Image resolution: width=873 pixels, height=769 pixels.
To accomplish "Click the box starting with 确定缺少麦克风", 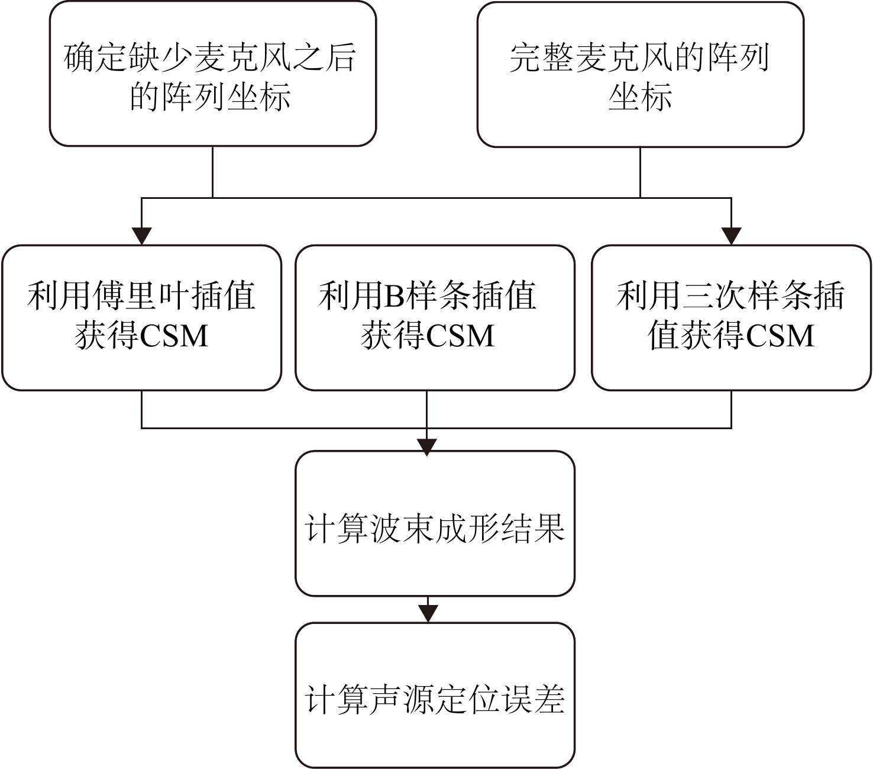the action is pyautogui.click(x=213, y=74).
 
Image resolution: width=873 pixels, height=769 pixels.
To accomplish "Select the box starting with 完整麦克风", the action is pyautogui.click(x=641, y=75).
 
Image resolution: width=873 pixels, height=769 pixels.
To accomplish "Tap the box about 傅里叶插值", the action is pyautogui.click(x=142, y=318).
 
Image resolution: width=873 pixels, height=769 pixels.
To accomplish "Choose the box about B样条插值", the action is pyautogui.click(x=435, y=318).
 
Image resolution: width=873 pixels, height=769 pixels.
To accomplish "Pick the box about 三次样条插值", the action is pyautogui.click(x=731, y=318).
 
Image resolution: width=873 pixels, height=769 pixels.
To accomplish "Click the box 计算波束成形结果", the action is pyautogui.click(x=435, y=523).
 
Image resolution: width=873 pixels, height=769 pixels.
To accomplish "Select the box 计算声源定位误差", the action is pyautogui.click(x=435, y=695).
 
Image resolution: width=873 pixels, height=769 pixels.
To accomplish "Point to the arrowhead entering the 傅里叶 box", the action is pyautogui.click(x=142, y=236).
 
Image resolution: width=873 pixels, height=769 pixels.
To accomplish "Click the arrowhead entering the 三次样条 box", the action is pyautogui.click(x=731, y=236).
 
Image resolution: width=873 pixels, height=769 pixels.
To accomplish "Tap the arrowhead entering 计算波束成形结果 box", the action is pyautogui.click(x=427, y=448).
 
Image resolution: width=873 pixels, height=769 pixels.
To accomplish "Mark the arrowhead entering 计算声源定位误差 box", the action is pyautogui.click(x=428, y=613).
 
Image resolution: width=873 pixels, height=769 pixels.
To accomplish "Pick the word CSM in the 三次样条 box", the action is pyautogui.click(x=780, y=336).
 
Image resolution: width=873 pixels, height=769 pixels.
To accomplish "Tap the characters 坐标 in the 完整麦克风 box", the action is pyautogui.click(x=641, y=96).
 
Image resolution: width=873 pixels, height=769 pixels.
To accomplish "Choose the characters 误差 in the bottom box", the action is pyautogui.click(x=532, y=700).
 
